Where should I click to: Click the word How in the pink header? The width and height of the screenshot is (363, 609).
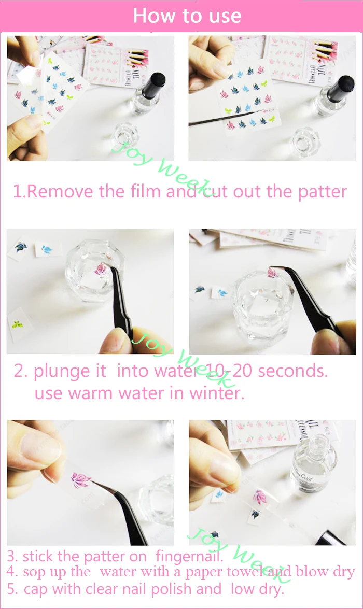click(151, 16)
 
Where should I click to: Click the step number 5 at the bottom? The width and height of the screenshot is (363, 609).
click(11, 589)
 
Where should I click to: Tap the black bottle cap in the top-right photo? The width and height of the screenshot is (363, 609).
click(342, 86)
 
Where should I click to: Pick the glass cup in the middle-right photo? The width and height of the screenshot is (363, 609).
click(262, 311)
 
